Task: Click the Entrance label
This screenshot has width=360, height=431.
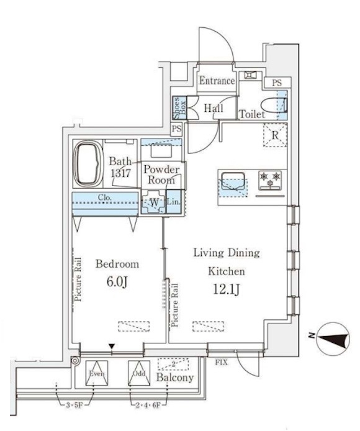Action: point(217,81)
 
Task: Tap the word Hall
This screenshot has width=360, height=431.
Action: point(214,109)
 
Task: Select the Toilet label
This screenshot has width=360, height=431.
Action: point(252,115)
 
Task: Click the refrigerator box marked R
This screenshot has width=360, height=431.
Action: point(274,135)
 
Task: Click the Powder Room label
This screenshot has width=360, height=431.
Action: point(161,174)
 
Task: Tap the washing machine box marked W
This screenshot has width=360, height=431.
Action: point(153,203)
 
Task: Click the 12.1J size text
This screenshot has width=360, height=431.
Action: point(226,289)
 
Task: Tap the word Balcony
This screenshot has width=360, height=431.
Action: point(174,378)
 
